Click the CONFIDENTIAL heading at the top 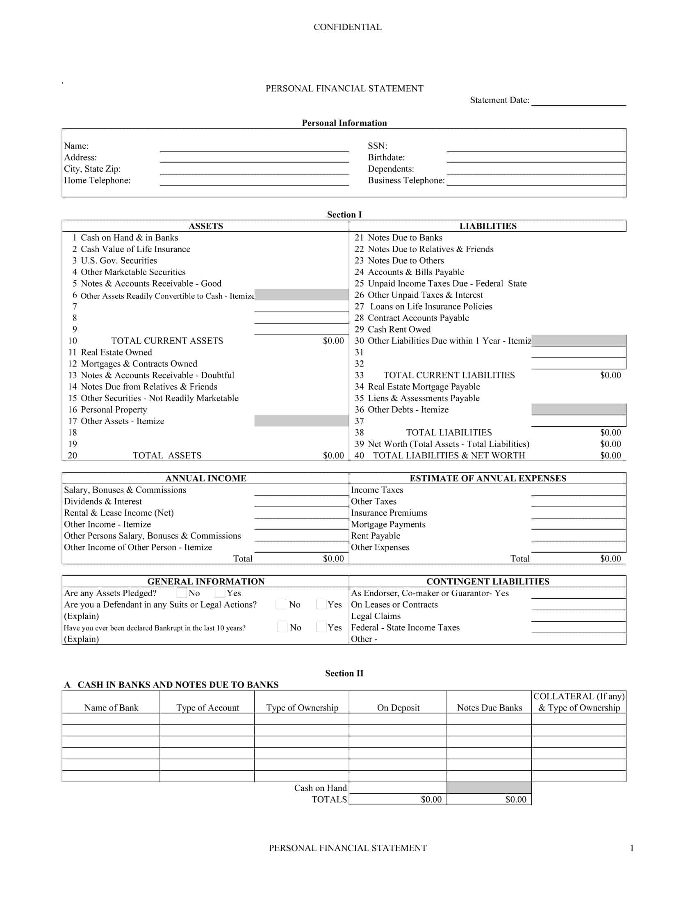coord(347,27)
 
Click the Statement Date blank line coord(579,101)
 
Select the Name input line coord(254,147)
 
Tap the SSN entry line coord(536,147)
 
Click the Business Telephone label coord(406,181)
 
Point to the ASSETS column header coord(206,226)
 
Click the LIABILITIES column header coord(487,226)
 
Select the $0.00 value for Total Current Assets coord(333,341)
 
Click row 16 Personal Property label coord(114,410)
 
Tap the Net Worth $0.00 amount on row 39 coord(610,444)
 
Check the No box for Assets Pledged coord(181,593)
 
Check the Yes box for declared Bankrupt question coord(321,627)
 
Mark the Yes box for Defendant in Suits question coord(321,604)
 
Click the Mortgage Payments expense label coord(388,524)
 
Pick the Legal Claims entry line coord(578,617)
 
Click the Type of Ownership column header coord(302,708)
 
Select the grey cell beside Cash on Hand coord(489,788)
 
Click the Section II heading coord(344,673)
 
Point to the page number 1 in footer coord(631,848)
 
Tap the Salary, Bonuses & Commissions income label coord(125,490)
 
